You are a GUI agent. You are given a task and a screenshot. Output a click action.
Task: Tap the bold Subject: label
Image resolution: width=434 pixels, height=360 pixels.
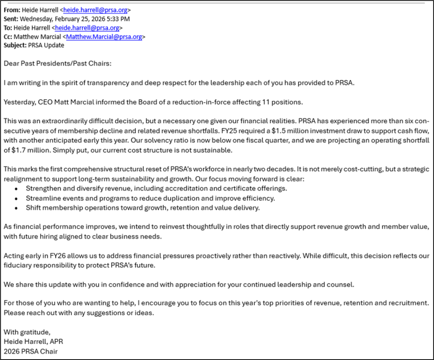click(x=15, y=46)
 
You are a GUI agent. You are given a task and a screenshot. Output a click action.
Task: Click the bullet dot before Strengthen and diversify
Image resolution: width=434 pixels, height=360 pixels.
click(x=17, y=188)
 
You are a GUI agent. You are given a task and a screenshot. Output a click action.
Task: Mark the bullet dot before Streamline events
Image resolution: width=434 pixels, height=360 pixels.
click(x=17, y=198)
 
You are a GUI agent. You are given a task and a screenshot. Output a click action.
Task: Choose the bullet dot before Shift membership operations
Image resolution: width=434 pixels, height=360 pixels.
click(x=17, y=208)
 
